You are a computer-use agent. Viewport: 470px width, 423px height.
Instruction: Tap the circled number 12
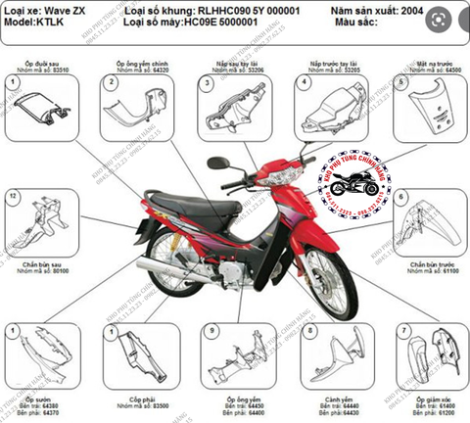(x=13, y=196)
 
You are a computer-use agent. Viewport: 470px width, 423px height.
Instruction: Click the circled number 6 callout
(x=401, y=197)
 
